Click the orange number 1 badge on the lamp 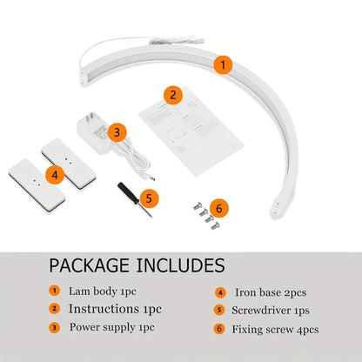pyautogui.click(x=224, y=64)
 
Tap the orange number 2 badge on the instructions pyautogui.click(x=174, y=95)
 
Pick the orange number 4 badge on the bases pyautogui.click(x=55, y=174)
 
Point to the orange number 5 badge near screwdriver pyautogui.click(x=149, y=198)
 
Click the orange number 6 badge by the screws pyautogui.click(x=218, y=208)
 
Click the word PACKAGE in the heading pyautogui.click(x=88, y=265)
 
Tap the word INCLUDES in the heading pyautogui.click(x=181, y=265)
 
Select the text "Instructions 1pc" pyautogui.click(x=115, y=309)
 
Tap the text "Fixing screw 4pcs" pyautogui.click(x=275, y=329)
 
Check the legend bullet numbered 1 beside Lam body pyautogui.click(x=54, y=291)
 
